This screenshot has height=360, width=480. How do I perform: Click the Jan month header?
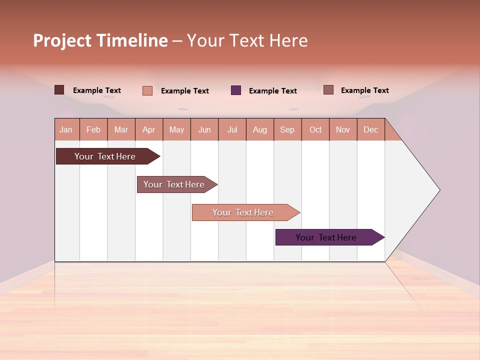coord(66,129)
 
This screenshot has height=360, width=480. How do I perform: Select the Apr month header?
coord(149,129)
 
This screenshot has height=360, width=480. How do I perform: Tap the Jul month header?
coord(232,129)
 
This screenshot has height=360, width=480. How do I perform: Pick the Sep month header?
coord(287,129)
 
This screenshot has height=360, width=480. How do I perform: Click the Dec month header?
coord(370,129)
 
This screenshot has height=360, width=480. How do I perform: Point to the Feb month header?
coord(93,129)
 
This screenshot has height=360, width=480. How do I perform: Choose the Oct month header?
coord(315,129)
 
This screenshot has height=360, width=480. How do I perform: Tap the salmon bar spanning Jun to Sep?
coord(243,212)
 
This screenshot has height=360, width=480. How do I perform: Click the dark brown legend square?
coord(59,90)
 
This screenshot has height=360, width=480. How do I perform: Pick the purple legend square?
coord(236,90)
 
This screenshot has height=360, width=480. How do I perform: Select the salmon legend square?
coord(147,90)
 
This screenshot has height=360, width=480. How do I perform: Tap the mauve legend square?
coord(328,90)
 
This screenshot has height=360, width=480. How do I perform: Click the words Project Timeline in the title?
coord(100,40)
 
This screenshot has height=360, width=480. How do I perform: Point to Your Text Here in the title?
coord(247,40)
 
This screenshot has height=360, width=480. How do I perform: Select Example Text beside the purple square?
coord(273,90)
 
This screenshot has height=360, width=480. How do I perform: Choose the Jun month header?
coord(204,129)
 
